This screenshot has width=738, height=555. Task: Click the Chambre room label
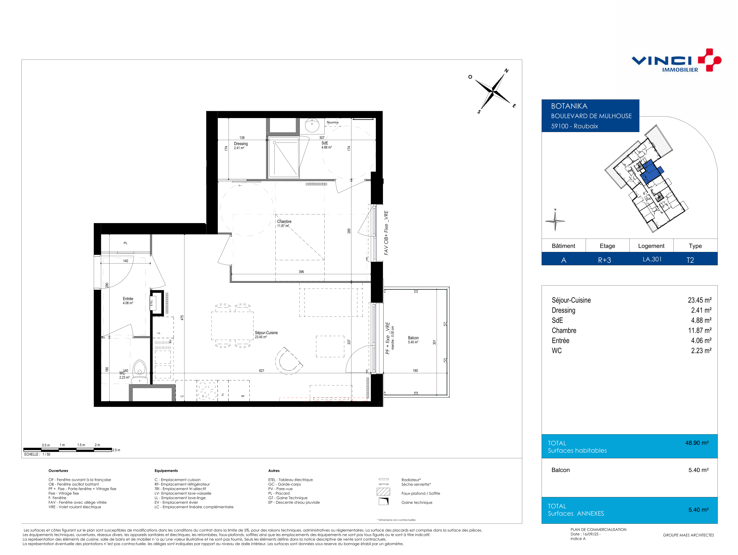point(284,222)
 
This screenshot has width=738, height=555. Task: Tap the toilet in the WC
point(140,372)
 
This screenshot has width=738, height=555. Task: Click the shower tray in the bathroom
point(283,157)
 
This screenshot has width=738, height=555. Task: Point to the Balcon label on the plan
point(413,338)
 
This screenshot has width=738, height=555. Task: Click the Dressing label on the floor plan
point(240,144)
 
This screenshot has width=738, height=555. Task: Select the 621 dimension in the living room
point(262,371)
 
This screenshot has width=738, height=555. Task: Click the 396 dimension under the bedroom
point(301,272)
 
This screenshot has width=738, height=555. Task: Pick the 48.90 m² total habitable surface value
point(697,443)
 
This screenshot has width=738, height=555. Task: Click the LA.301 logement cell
point(652,259)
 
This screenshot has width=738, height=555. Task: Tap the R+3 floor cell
point(604,260)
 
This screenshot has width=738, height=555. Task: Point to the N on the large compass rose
point(506,71)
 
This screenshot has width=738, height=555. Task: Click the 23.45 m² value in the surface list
point(699,300)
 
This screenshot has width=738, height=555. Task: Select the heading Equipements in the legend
point(166,471)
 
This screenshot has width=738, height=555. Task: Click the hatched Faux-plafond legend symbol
point(383,492)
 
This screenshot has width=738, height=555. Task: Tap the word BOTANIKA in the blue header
point(569,106)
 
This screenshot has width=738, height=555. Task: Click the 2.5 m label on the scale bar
point(116,450)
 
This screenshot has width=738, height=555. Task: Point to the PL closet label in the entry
point(126,243)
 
